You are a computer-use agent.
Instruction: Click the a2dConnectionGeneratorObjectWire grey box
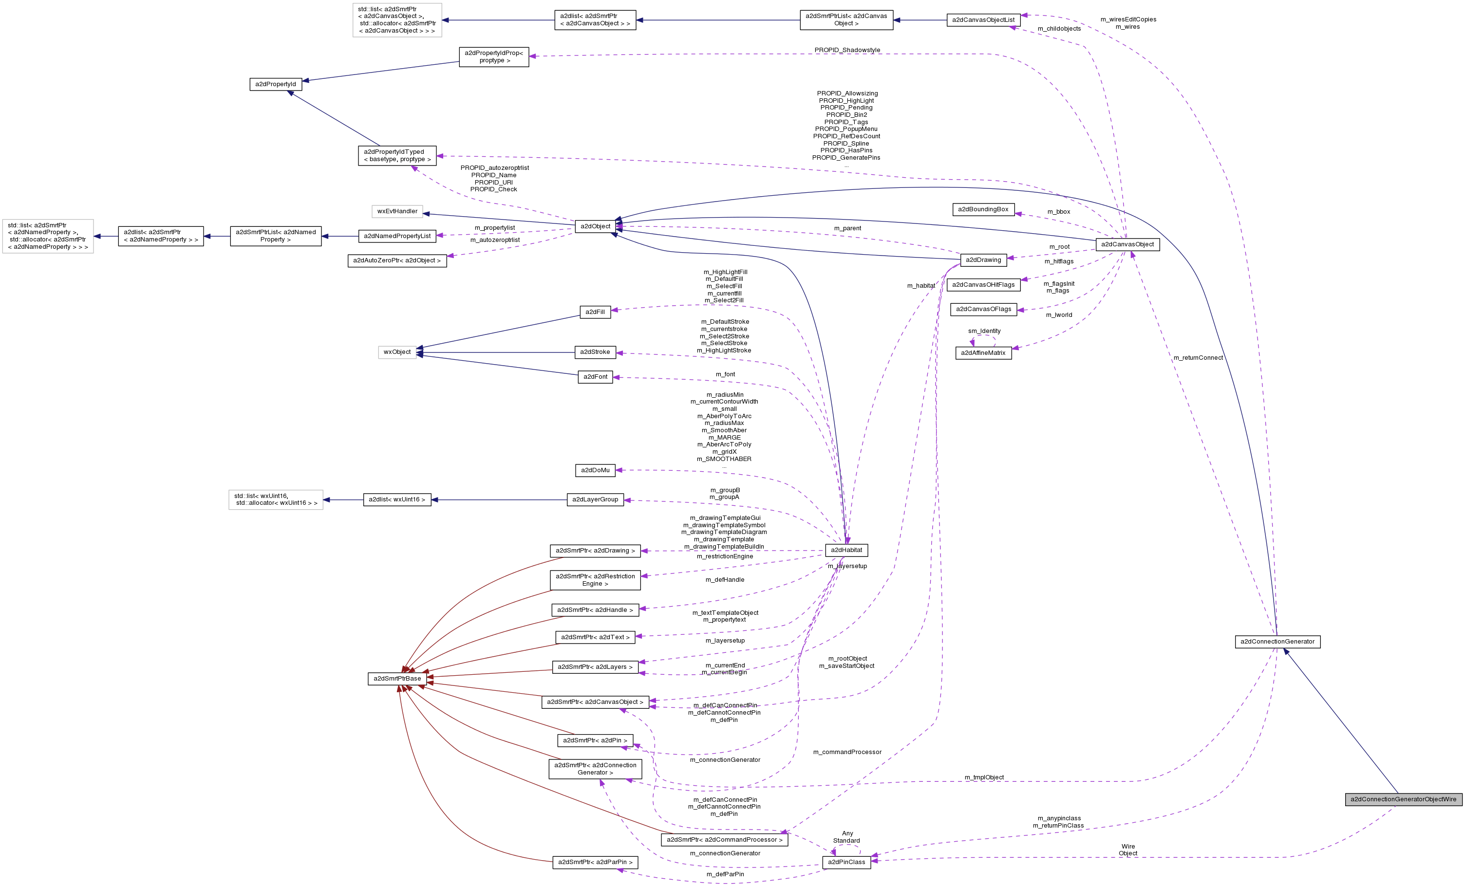pos(1403,799)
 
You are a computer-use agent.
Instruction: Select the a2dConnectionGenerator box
pos(1277,642)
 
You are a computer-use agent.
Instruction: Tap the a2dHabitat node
pos(846,550)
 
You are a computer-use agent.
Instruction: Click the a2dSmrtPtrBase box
pos(396,679)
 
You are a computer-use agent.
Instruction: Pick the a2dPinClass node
pos(846,862)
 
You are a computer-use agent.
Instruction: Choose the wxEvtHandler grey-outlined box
pos(397,212)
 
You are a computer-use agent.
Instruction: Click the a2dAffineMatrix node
pos(983,353)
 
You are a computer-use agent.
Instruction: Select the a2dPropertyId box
pos(275,84)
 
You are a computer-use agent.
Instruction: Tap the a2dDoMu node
pos(595,470)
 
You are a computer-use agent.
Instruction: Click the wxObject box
pos(396,352)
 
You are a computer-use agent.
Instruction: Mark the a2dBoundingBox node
pos(983,209)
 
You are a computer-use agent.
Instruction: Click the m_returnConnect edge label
pos(1198,358)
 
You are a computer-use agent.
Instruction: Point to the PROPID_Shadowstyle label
pos(846,50)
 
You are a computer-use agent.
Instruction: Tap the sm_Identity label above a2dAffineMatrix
pos(983,331)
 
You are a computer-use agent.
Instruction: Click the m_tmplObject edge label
pos(983,777)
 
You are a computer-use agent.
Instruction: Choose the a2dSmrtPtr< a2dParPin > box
pos(595,862)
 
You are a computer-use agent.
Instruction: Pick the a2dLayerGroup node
pos(595,500)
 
